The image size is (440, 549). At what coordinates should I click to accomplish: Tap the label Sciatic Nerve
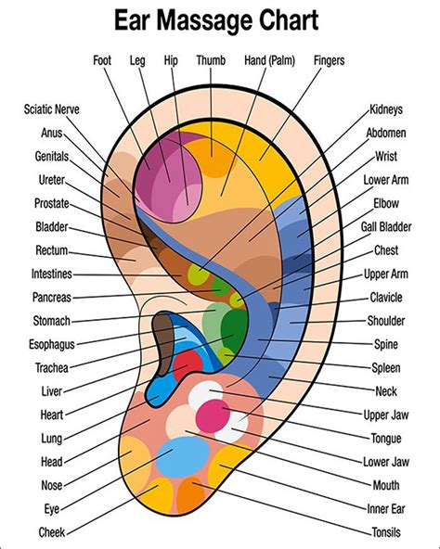pyautogui.click(x=51, y=109)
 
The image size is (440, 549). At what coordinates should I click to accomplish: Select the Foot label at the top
pyautogui.click(x=102, y=61)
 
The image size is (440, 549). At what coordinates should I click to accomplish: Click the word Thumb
pyautogui.click(x=211, y=61)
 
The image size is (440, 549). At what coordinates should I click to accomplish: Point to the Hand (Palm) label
pyautogui.click(x=268, y=61)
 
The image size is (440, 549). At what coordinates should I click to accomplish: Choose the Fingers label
pyautogui.click(x=329, y=61)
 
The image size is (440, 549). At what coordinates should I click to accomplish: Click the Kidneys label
pyautogui.click(x=386, y=109)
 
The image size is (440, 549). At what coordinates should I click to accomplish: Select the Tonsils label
pyautogui.click(x=386, y=532)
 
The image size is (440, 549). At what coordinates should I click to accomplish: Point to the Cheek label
pyautogui.click(x=52, y=532)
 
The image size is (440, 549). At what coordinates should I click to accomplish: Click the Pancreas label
pyautogui.click(x=51, y=298)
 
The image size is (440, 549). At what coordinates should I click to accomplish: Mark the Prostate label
pyautogui.click(x=51, y=202)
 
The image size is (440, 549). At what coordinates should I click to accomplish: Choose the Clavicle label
pyautogui.click(x=386, y=297)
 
